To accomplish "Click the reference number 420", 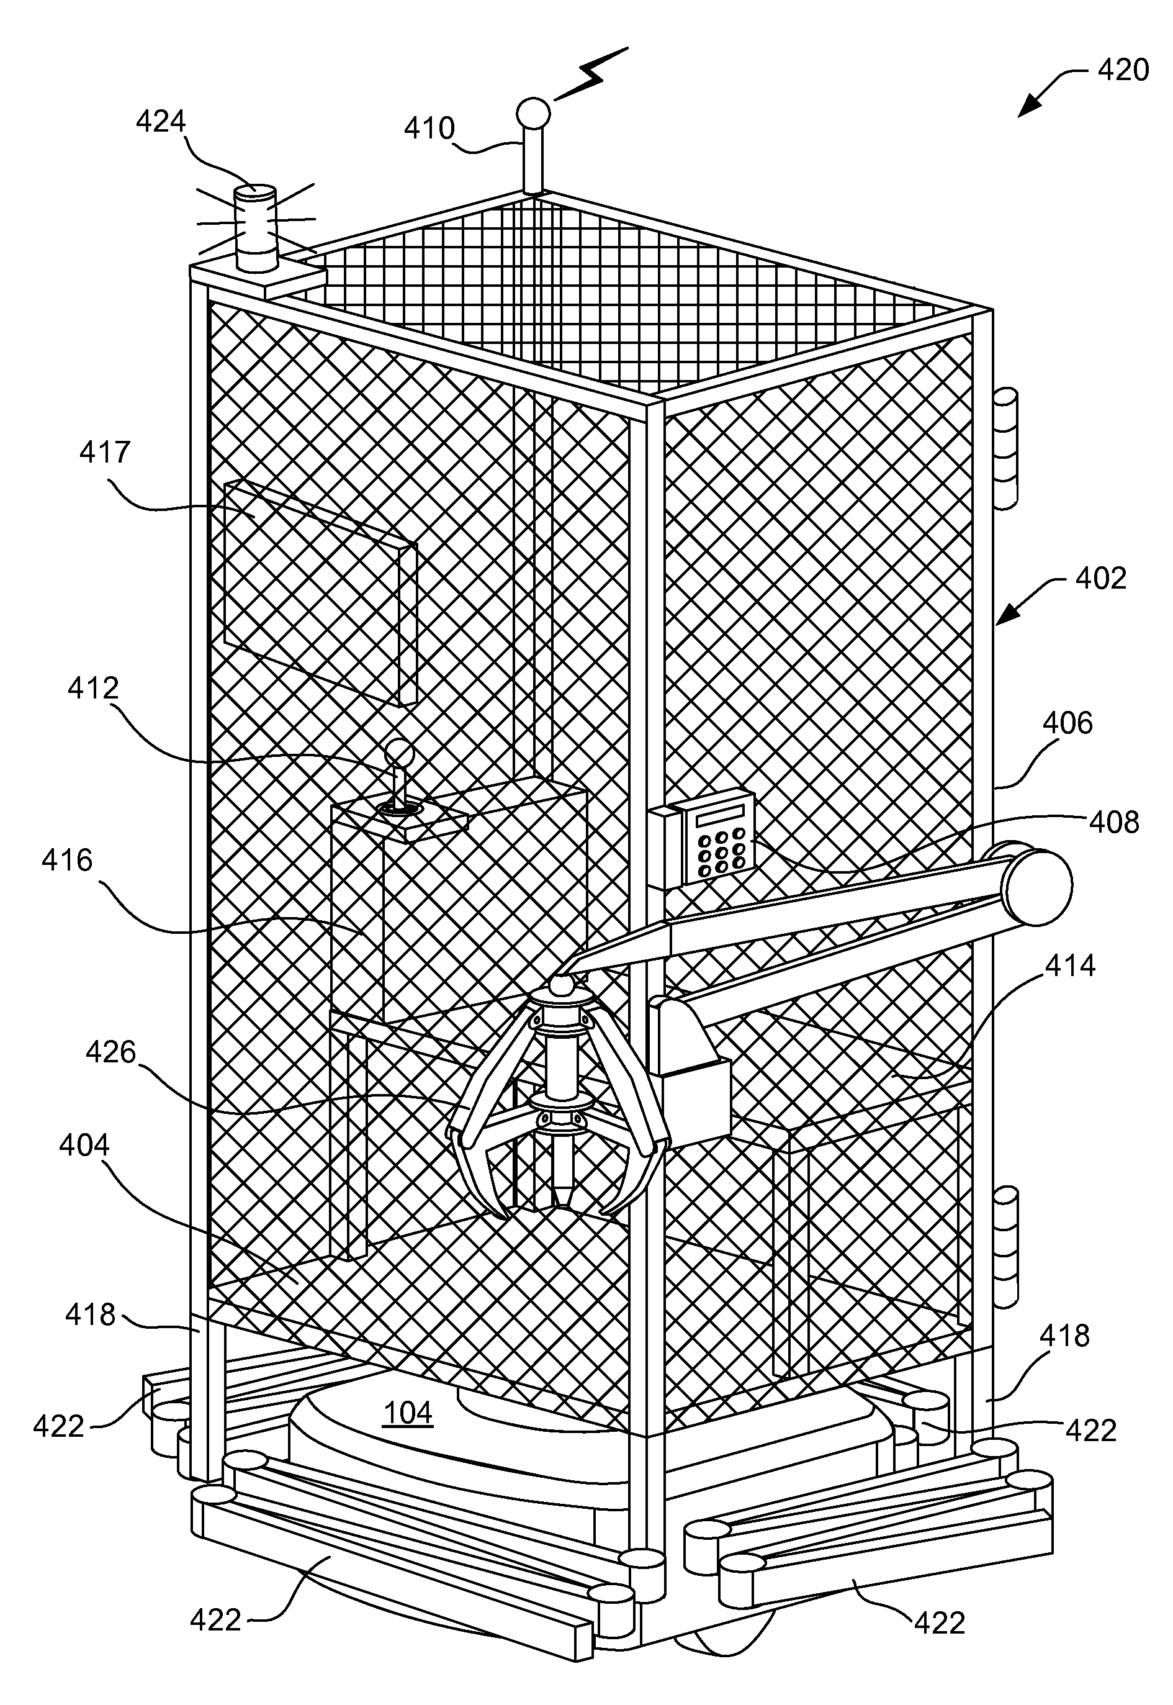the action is (1123, 70).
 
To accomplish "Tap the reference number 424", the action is (161, 121).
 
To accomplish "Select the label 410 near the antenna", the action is (429, 129).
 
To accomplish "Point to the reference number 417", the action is (105, 452).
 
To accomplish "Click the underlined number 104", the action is (408, 1413).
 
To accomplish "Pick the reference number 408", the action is (1114, 822).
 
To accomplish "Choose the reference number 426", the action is (111, 1053).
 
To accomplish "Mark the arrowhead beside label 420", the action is (1030, 104).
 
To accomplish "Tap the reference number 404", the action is (84, 1145).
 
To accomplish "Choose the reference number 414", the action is (1070, 965).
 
